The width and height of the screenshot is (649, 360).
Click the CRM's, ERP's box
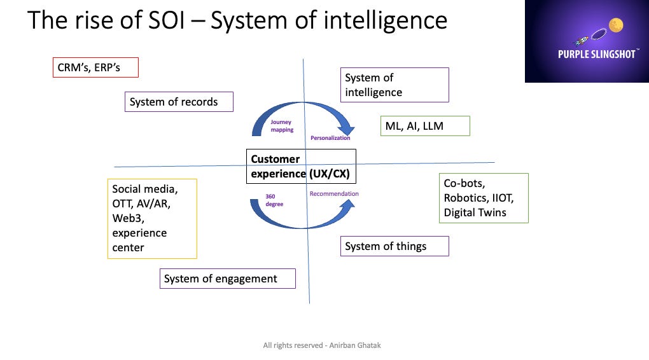coord(95,67)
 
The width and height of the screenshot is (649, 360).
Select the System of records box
coord(179,102)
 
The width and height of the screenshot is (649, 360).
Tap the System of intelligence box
coord(394,85)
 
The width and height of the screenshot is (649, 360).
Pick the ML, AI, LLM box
coord(424,126)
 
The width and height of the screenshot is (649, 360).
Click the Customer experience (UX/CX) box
coord(300,167)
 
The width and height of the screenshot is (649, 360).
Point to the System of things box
coord(394,246)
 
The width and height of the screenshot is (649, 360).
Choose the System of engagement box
coord(227,279)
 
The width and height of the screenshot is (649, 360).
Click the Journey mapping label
coord(282,125)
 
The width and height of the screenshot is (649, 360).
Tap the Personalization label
coord(330,138)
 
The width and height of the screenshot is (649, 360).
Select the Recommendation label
coord(334,194)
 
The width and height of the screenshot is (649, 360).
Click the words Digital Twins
coord(475,212)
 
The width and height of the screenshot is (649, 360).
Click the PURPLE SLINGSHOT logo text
coord(597,55)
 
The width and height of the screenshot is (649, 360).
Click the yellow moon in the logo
coord(615,25)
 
